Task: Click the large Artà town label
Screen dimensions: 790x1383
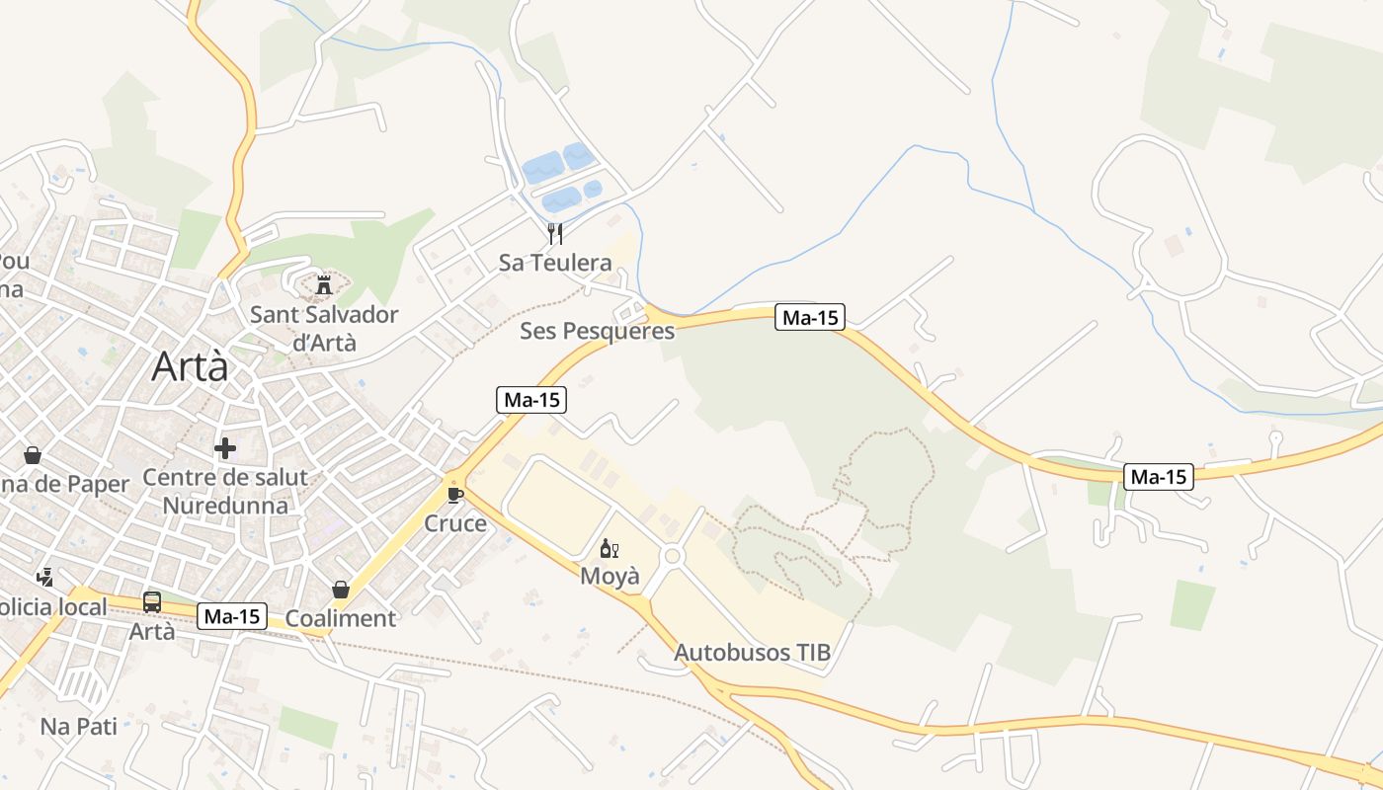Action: point(190,367)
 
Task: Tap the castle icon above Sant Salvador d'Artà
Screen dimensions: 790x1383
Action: point(323,286)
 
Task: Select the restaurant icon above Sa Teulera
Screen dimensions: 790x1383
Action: point(555,234)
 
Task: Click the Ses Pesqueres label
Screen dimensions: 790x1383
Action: point(597,331)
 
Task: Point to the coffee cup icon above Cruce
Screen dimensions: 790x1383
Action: point(454,494)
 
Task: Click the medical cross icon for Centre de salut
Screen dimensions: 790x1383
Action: point(225,448)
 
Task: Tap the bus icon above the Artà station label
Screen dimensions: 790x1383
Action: point(152,601)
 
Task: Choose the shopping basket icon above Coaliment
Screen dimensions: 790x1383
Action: point(341,590)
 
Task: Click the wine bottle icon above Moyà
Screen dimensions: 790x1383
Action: point(609,549)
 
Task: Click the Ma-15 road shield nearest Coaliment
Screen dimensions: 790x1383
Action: point(233,617)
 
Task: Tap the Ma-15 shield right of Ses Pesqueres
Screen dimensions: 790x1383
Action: point(809,317)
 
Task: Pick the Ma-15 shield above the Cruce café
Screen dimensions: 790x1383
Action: point(531,400)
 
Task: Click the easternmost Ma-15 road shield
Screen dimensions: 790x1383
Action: point(1159,477)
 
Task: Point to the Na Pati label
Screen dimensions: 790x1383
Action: point(79,727)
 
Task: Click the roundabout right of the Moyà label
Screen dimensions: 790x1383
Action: point(674,556)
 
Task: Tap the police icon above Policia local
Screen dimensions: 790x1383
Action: point(44,577)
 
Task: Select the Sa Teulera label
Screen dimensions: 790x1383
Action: point(555,263)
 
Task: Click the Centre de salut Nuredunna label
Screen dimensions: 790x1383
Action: point(225,492)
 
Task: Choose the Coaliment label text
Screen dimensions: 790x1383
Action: point(341,619)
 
